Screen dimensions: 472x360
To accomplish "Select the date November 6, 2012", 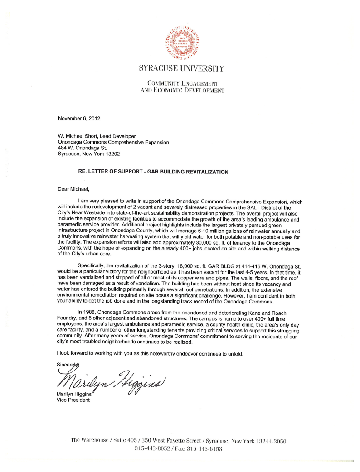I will (79, 119).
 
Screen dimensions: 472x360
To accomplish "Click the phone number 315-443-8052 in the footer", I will (153, 449).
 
